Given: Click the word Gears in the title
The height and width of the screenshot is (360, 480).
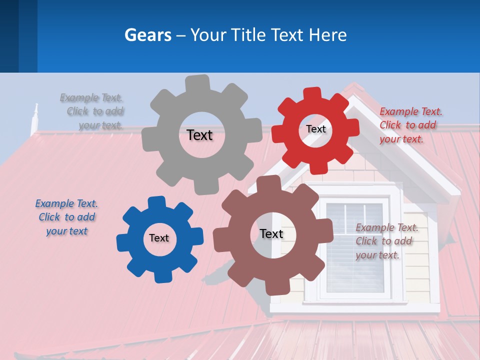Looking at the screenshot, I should point(147,35).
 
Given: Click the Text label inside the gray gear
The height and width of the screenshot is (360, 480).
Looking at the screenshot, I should point(199,135).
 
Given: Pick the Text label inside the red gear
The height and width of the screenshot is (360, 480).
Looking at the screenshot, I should point(315,129).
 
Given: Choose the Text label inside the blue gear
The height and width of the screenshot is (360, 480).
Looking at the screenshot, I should point(159,238).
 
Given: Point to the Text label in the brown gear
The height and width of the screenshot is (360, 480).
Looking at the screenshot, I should point(271,233).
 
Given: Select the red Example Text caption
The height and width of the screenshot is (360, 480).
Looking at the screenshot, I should point(409,125).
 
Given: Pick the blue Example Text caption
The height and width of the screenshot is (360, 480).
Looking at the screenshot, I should point(66,217).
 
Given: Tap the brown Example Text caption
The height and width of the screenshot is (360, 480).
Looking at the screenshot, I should point(385,241).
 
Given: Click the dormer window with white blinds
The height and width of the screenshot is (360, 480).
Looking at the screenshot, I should point(357,247).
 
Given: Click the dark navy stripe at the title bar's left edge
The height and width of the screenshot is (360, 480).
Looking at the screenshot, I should point(9,36).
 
